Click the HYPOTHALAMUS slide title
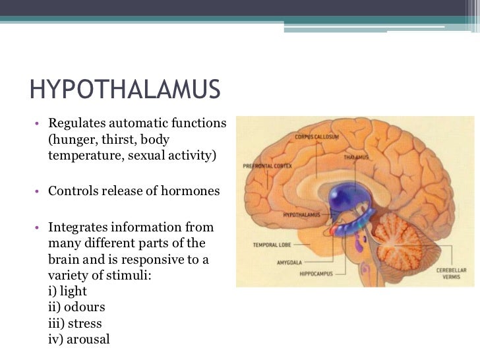click(x=125, y=90)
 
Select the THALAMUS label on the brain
click(x=355, y=158)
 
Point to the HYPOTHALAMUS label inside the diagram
click(x=301, y=215)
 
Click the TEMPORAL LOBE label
click(x=272, y=245)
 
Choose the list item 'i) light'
click(x=68, y=291)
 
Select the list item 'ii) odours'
click(x=76, y=307)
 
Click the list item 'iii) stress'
click(x=75, y=324)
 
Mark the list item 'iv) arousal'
click(x=79, y=340)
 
